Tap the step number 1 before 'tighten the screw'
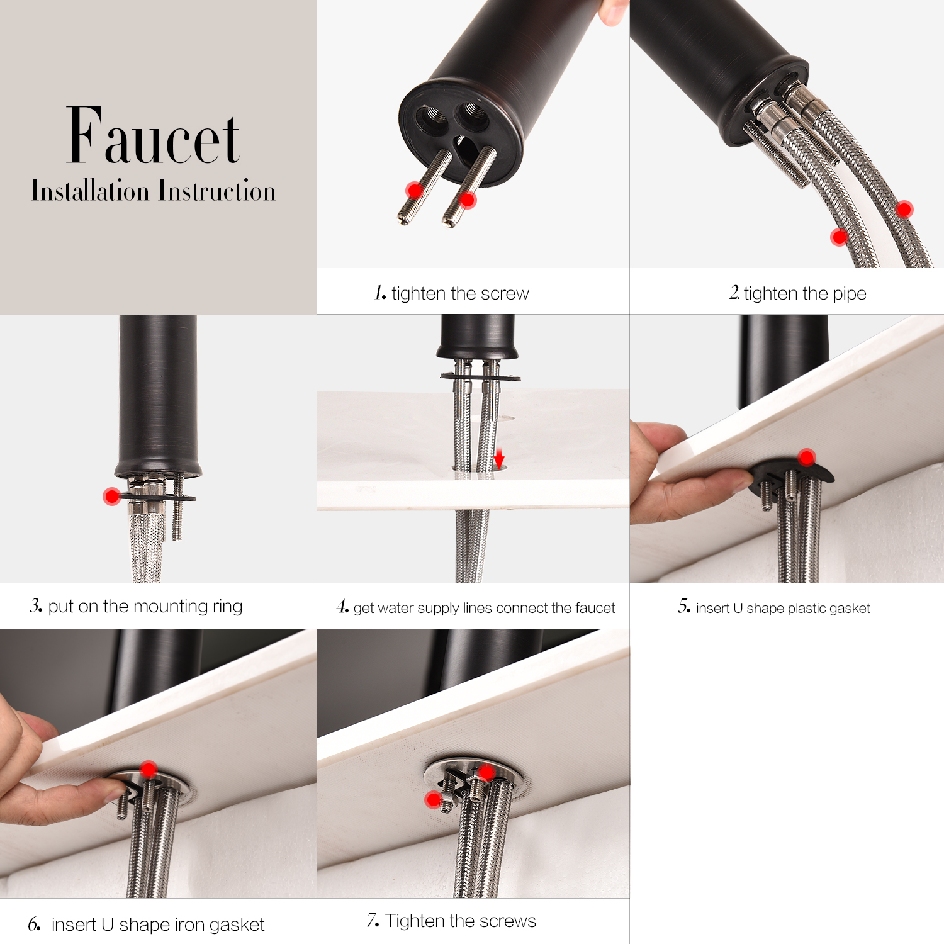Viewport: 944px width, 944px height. tap(380, 293)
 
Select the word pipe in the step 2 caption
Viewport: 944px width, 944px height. tap(850, 295)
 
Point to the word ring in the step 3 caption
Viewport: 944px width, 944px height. tap(227, 607)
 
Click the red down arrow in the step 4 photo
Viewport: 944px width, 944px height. tap(499, 458)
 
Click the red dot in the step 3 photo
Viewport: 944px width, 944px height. tap(112, 497)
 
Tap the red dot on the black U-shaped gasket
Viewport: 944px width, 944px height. tap(807, 457)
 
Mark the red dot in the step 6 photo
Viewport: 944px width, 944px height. tap(149, 769)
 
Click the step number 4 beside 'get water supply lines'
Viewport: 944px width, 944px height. tap(342, 607)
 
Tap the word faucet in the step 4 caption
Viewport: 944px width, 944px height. tap(595, 608)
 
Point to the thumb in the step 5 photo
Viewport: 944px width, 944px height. tap(658, 437)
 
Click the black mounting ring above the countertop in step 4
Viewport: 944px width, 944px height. tap(480, 377)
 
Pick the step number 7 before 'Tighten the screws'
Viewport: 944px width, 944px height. tap(373, 920)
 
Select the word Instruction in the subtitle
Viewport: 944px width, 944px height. tap(217, 191)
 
